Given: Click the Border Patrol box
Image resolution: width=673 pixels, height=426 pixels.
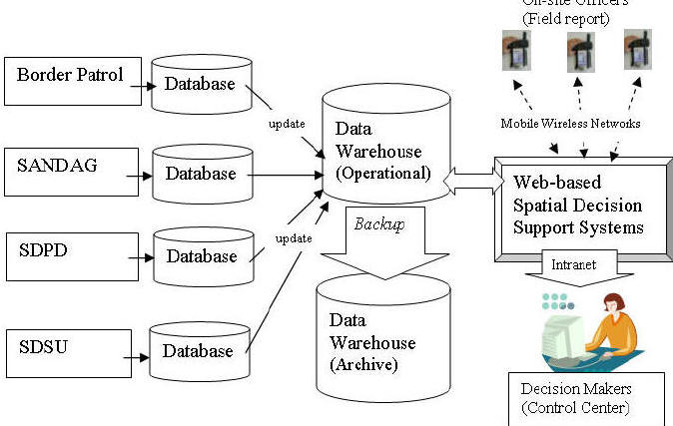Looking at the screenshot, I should point(69,81).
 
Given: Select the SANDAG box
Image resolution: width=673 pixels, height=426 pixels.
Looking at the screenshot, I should point(69,169).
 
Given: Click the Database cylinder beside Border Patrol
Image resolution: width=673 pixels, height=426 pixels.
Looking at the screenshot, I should point(200,86).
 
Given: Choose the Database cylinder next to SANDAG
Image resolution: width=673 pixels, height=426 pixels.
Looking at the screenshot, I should point(200,174).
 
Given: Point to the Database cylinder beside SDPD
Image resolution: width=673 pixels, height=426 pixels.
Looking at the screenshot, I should point(200,256).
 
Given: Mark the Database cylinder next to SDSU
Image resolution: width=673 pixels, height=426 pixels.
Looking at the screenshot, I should point(200,350).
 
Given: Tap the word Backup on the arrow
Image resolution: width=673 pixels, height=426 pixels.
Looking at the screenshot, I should point(379,224).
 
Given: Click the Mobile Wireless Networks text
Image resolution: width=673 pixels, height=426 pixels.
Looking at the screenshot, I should point(570,124).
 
